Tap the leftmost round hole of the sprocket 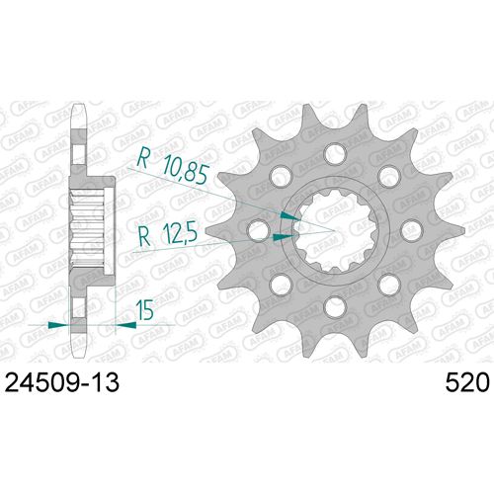[x=259, y=231]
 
